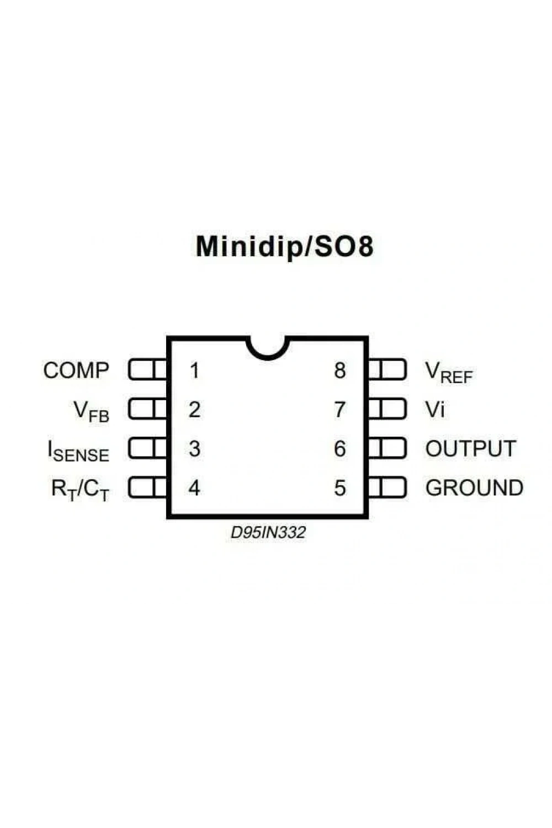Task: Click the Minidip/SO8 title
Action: (x=284, y=247)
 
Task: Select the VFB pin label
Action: (x=91, y=412)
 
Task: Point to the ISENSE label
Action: (x=78, y=451)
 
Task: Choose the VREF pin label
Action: (x=449, y=373)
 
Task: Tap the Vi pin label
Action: (x=435, y=410)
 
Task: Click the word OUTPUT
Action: (x=470, y=449)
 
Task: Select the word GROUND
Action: (x=474, y=488)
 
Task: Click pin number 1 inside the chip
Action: (x=194, y=370)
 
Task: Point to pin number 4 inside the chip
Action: (x=194, y=488)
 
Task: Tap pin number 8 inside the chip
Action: (x=340, y=370)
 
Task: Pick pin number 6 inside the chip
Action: (x=340, y=449)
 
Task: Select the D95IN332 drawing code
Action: (x=268, y=533)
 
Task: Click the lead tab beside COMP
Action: (x=147, y=370)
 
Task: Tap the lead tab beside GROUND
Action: (x=387, y=488)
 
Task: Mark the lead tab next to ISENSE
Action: (x=147, y=449)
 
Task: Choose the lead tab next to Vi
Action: (x=387, y=409)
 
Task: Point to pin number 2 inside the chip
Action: (x=194, y=410)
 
